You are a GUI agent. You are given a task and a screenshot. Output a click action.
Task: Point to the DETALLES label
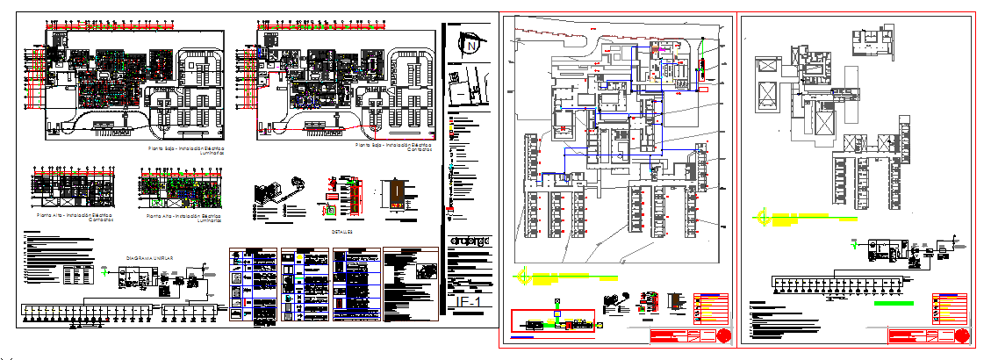point(342,232)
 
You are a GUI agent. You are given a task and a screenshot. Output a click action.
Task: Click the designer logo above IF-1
point(470,241)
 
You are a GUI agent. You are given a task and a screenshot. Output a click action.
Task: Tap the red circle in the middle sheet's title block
point(723,337)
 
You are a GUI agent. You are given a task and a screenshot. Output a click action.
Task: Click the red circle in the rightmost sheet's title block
point(963,335)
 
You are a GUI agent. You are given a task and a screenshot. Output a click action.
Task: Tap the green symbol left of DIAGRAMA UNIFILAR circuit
point(109,272)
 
